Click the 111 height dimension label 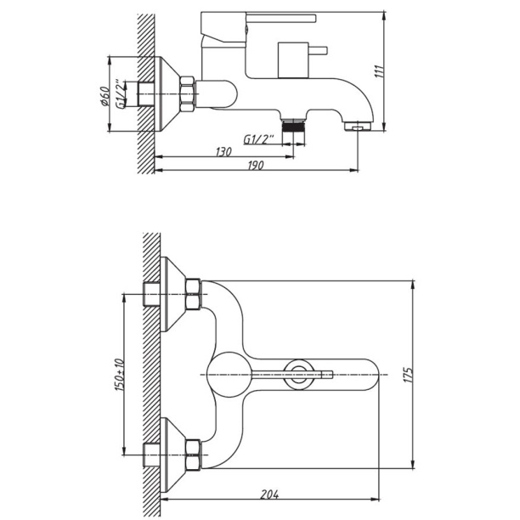coord(379,71)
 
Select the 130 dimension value coord(223,152)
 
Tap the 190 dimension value coord(256,165)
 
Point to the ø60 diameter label coord(105,96)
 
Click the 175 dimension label coord(408,375)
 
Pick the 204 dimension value coord(269,495)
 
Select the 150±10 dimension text coord(120,375)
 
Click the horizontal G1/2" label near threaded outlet coord(258,139)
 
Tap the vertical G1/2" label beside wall coord(121,93)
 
